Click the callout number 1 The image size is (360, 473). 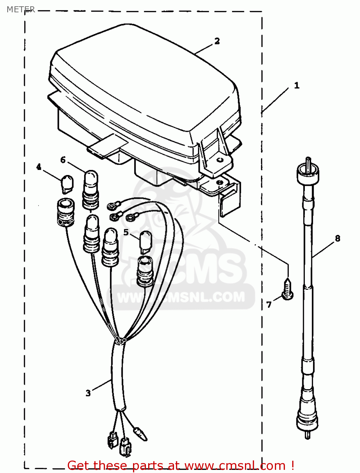[297, 85]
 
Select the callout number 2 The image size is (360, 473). [217, 41]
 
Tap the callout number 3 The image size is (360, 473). [88, 393]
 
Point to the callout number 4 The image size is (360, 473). [38, 167]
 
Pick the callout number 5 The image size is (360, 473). [126, 232]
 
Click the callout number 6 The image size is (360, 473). [63, 160]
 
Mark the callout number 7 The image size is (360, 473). [269, 305]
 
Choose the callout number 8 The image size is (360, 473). [338, 238]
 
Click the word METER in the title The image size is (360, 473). [21, 9]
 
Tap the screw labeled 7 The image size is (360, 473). [287, 289]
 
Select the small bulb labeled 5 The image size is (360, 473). [146, 242]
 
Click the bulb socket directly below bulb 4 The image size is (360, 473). [66, 212]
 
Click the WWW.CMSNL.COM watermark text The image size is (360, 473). [181, 297]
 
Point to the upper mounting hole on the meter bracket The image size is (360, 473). [220, 160]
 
